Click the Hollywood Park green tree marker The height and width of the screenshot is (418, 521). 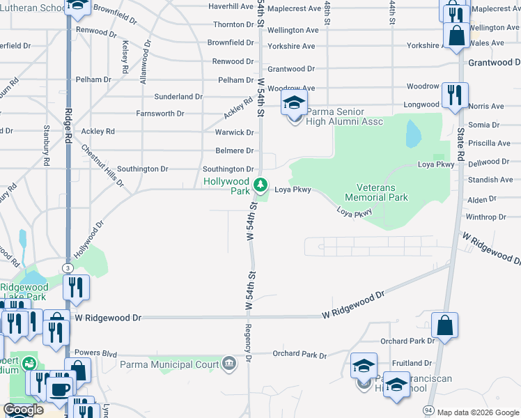[260, 185]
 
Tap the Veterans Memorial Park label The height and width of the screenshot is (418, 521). [381, 192]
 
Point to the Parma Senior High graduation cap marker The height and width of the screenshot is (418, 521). [294, 103]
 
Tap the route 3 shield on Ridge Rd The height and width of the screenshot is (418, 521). [68, 268]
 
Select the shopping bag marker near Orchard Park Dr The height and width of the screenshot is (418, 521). [444, 326]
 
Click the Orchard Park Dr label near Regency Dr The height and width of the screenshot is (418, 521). [300, 355]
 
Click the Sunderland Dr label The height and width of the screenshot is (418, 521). [178, 97]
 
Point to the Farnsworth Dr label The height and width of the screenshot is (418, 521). [160, 113]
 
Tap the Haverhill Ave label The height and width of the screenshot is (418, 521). [233, 6]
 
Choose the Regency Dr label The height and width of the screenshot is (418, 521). [248, 343]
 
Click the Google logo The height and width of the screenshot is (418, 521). [23, 410]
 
